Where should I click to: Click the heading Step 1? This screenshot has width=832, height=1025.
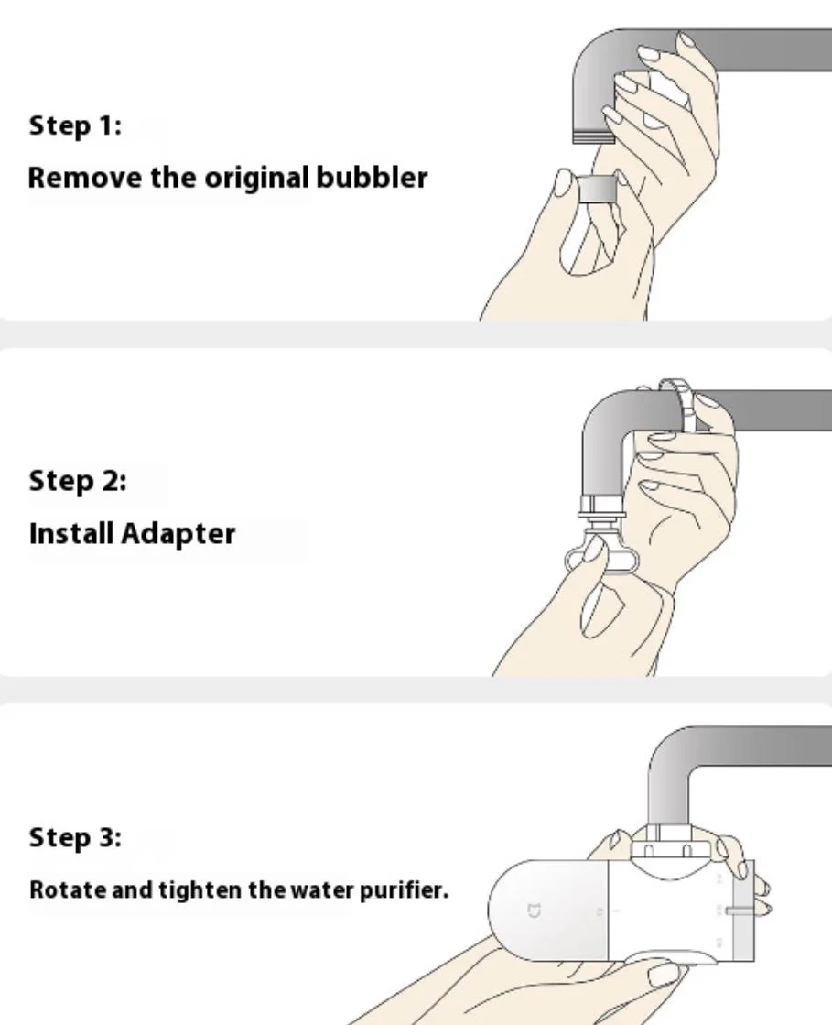[x=75, y=125]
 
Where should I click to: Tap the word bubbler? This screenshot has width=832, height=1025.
[x=372, y=178]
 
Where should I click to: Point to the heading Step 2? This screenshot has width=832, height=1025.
[x=78, y=481]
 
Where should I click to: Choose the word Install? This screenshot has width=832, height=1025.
[x=71, y=533]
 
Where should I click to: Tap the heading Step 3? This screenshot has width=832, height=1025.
[x=75, y=838]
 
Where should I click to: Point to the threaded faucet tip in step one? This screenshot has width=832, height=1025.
[x=594, y=136]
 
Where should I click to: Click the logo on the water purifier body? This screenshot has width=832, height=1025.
[x=535, y=910]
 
